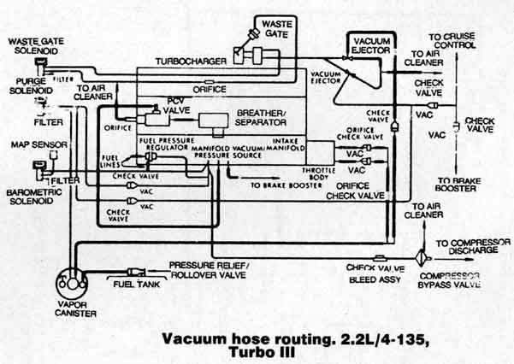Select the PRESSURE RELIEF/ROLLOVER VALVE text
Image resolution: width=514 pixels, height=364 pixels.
[x=209, y=270]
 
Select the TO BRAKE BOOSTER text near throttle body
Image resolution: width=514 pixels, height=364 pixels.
[x=283, y=185]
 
